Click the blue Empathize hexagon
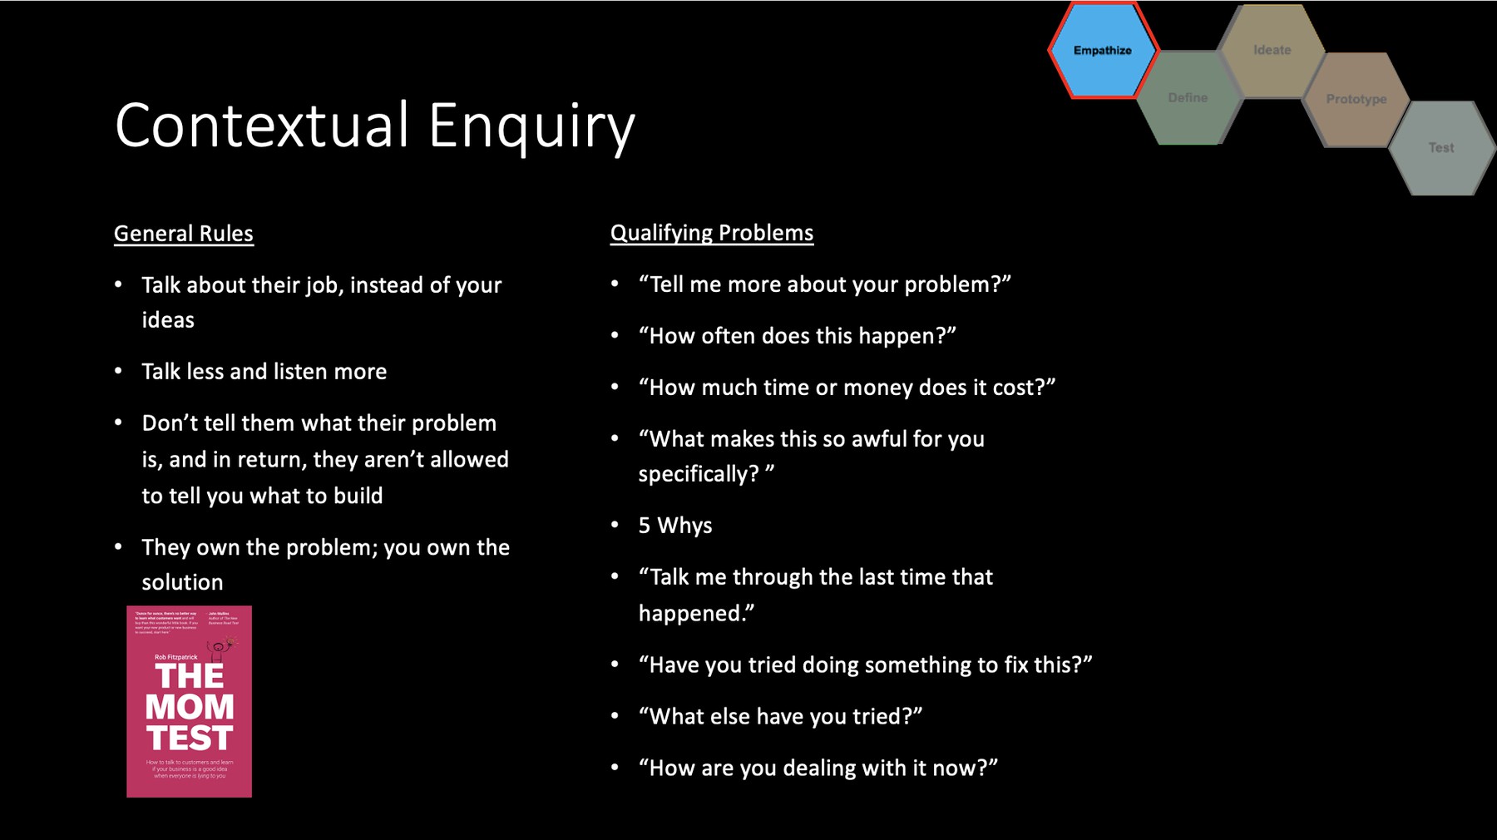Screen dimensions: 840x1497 click(1102, 51)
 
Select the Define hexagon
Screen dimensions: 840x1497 click(1188, 98)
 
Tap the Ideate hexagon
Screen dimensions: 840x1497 click(1272, 50)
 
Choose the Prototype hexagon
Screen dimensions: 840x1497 click(1356, 99)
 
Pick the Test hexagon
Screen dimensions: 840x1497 click(1441, 148)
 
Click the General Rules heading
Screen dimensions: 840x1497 click(184, 234)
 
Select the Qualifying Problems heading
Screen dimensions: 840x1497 click(712, 233)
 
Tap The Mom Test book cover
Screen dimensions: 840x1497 click(189, 701)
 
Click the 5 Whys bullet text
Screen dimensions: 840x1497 click(675, 526)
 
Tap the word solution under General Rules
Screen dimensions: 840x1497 click(182, 582)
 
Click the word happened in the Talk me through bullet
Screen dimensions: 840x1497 click(696, 614)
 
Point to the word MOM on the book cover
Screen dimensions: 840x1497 click(190, 707)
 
